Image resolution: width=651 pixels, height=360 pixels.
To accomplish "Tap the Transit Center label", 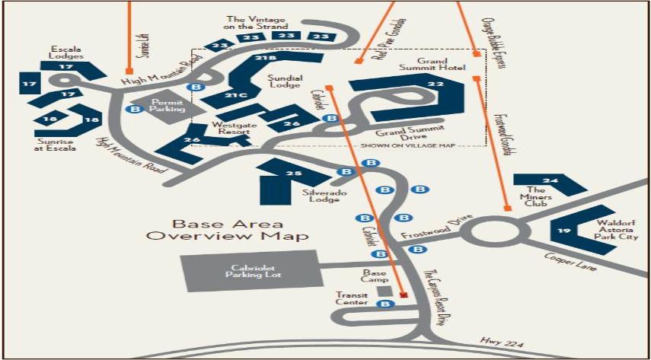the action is [352, 298].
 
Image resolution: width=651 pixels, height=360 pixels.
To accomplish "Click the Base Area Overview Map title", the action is [228, 230].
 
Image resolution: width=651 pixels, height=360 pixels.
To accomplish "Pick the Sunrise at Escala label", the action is [56, 144].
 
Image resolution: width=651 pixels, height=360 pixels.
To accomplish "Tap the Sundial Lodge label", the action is [286, 82].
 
